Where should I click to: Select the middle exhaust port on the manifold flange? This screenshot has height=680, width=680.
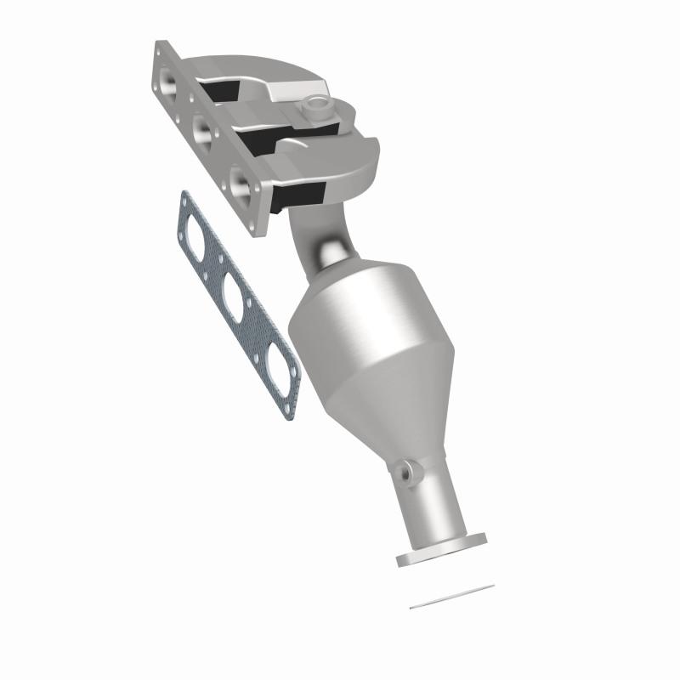(x=202, y=130)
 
